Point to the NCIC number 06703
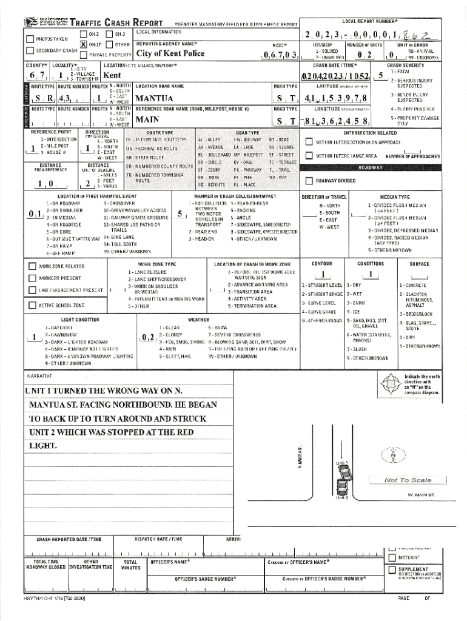[x=281, y=56]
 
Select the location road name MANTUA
[x=156, y=98]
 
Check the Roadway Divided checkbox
[x=309, y=181]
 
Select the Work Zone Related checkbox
[x=33, y=266]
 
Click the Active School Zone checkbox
[x=33, y=305]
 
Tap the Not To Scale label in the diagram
[x=407, y=480]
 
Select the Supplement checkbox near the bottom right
[x=392, y=569]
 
